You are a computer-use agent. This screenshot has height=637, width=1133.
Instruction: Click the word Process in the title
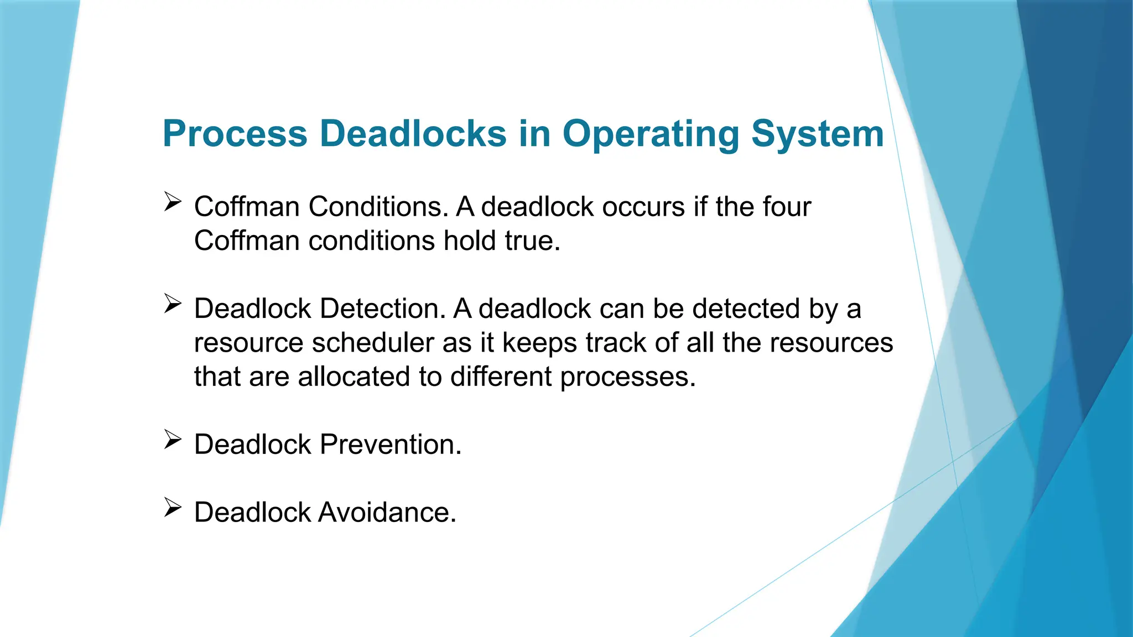click(235, 134)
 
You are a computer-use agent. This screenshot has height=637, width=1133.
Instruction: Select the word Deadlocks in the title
click(413, 134)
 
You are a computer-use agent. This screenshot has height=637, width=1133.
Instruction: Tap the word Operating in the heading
click(651, 134)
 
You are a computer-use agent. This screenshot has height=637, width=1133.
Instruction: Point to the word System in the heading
click(818, 134)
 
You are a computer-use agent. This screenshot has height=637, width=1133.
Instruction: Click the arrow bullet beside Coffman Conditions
click(173, 202)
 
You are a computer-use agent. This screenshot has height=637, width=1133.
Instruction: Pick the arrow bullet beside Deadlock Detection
click(173, 304)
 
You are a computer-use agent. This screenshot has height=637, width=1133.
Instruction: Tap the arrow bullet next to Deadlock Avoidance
click(173, 508)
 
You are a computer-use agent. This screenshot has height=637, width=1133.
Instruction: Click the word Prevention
click(391, 445)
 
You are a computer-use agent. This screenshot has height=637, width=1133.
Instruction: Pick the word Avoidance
click(387, 513)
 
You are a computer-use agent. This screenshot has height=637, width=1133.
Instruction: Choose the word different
click(501, 377)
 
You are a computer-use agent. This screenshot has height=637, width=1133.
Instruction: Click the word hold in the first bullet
click(470, 241)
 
